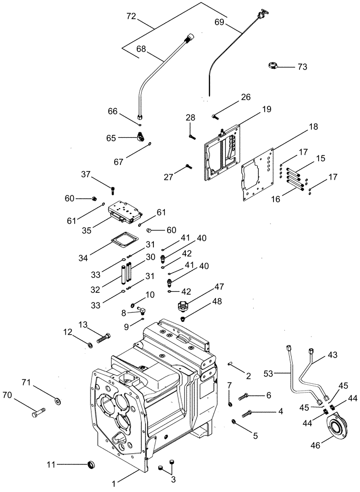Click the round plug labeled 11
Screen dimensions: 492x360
tap(91, 464)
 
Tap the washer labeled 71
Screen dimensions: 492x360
tap(59, 401)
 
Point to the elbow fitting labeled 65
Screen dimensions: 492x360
tap(143, 138)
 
